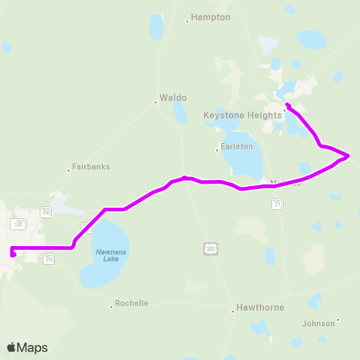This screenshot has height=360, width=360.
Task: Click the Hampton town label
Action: click(x=211, y=16)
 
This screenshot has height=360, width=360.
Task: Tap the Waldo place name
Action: click(x=172, y=97)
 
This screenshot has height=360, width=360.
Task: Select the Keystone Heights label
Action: click(x=242, y=115)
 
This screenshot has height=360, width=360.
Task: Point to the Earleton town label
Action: click(x=237, y=146)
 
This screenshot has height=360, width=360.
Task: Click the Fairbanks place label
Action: click(x=91, y=166)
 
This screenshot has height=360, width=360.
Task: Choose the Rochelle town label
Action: click(x=131, y=304)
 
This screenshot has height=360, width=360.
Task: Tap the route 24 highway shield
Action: click(x=46, y=212)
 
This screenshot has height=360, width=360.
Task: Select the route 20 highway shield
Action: click(x=49, y=258)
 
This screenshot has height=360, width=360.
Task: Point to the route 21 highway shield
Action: click(x=278, y=204)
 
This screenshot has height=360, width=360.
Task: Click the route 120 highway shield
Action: click(x=19, y=223)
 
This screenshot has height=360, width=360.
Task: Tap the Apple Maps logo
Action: click(x=27, y=347)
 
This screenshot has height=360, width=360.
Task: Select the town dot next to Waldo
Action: click(x=156, y=101)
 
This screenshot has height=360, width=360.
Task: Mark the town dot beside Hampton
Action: click(x=187, y=21)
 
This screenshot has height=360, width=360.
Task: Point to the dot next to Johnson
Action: click(x=338, y=320)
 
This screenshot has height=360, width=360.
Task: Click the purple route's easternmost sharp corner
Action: click(x=349, y=155)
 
